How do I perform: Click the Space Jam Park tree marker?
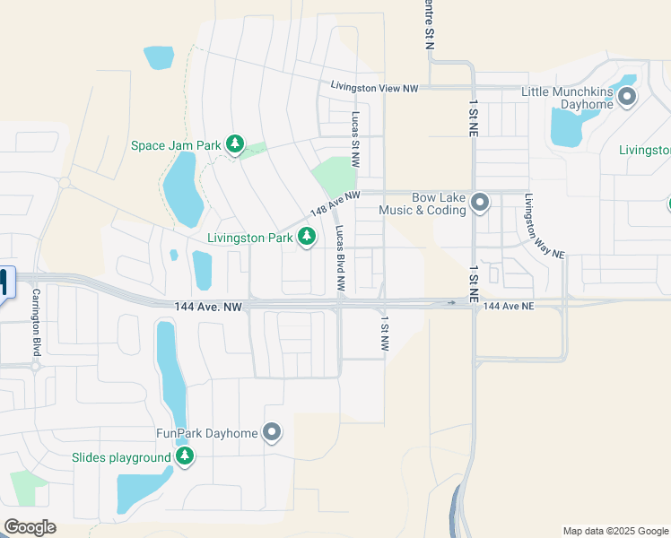[x=235, y=143]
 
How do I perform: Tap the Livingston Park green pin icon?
[x=307, y=237]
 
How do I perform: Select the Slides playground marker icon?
[x=185, y=457]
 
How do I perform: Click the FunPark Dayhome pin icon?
[x=273, y=433]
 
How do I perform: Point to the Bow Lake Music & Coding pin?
[x=480, y=203]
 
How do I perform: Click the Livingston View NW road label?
[x=374, y=88]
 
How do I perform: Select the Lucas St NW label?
[x=356, y=142]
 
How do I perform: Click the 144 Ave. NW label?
[x=209, y=307]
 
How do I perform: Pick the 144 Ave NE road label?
[x=509, y=307]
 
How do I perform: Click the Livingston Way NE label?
[x=545, y=227]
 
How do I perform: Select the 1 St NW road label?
[x=384, y=333]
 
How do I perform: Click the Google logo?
[x=30, y=527]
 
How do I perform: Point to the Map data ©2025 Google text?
[x=614, y=531]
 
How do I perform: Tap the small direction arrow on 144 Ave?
[x=451, y=303]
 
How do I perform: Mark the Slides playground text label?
[x=121, y=458]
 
